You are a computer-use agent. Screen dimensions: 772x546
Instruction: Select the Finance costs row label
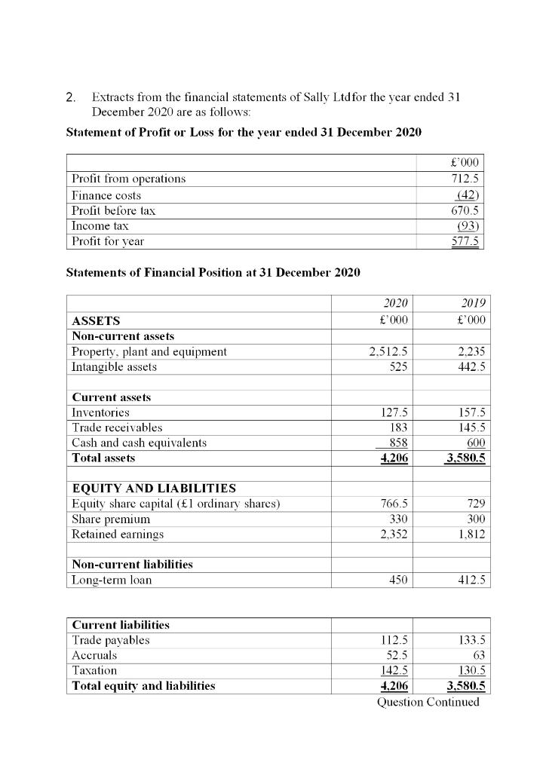(106, 195)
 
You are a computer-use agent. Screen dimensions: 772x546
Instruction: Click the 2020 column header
(396, 303)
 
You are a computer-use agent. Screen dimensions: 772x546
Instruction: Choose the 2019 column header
(472, 303)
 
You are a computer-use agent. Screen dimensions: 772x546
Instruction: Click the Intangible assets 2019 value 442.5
(468, 367)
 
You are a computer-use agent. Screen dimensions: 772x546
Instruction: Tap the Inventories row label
(100, 412)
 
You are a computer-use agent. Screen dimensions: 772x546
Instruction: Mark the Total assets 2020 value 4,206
(392, 458)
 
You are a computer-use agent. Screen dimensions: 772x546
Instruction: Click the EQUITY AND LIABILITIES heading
(154, 489)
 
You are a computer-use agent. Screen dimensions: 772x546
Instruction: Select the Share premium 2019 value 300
(474, 519)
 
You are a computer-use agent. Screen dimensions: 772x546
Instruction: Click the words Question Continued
(428, 702)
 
